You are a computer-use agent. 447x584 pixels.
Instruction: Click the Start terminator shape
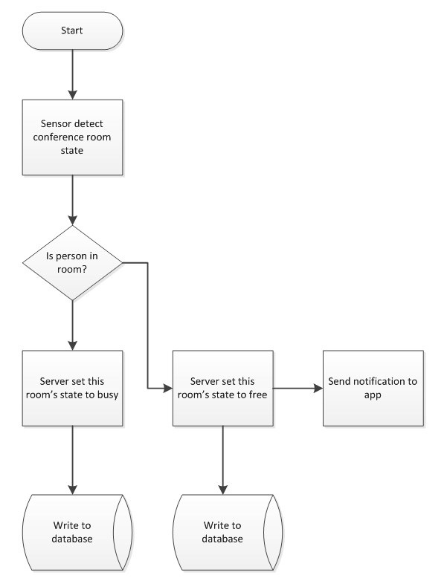(72, 30)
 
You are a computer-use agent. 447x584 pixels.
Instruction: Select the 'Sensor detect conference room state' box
(72, 137)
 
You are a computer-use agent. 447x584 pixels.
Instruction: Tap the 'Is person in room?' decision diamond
(72, 262)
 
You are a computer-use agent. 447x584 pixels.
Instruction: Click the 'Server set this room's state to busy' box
(72, 388)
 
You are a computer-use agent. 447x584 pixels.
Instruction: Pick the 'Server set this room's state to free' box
(223, 388)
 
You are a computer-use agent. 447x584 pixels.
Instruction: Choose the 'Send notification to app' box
(373, 388)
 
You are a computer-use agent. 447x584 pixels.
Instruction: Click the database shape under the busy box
(77, 532)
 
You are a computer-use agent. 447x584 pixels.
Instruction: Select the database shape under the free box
(228, 532)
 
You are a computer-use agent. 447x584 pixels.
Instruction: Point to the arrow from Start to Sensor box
(72, 74)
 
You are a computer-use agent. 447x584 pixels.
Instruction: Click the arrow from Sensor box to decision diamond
(72, 200)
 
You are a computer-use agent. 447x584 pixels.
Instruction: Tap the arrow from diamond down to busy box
(72, 325)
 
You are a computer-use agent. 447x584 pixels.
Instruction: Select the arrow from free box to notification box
(298, 388)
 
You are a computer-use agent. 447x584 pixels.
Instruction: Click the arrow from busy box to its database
(72, 461)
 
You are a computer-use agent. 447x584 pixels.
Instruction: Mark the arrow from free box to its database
(223, 461)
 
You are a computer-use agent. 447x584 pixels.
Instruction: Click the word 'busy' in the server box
(108, 395)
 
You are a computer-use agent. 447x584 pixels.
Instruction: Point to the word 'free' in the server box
(258, 395)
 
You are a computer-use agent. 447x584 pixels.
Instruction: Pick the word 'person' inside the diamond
(71, 256)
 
